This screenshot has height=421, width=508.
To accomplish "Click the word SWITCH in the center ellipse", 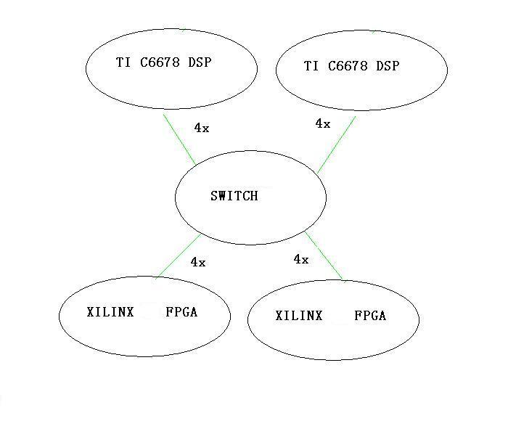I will click(x=234, y=196).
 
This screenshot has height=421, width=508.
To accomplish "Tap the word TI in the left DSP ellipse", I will click(x=123, y=62).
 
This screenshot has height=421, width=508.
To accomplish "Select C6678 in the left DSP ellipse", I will click(x=161, y=62).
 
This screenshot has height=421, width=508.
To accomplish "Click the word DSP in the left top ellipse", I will click(x=200, y=62).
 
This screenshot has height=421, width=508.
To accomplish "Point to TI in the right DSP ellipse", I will click(x=311, y=66).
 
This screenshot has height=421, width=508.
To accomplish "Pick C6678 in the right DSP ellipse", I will click(x=349, y=66).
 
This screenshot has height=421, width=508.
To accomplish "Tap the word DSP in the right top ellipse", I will click(x=388, y=66).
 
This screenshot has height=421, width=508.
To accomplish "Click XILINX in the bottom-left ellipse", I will click(x=110, y=313).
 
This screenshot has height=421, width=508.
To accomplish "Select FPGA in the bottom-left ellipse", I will click(x=181, y=313).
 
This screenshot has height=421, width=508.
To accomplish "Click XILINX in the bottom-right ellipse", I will click(x=299, y=316).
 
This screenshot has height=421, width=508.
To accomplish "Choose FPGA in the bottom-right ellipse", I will click(x=370, y=316).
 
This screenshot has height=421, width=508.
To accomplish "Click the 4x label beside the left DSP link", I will click(x=201, y=128).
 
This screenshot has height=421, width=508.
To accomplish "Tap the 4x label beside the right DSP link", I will click(x=322, y=124).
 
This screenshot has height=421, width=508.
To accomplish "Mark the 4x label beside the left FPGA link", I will click(x=197, y=262).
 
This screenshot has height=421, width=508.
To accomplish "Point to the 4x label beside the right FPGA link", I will click(x=300, y=259).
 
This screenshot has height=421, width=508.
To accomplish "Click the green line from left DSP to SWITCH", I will click(x=179, y=136).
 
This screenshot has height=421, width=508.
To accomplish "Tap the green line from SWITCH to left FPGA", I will click(x=178, y=256).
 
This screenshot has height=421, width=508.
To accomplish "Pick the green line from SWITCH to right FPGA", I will click(x=324, y=256).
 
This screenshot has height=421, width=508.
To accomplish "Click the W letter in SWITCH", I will click(x=224, y=196).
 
